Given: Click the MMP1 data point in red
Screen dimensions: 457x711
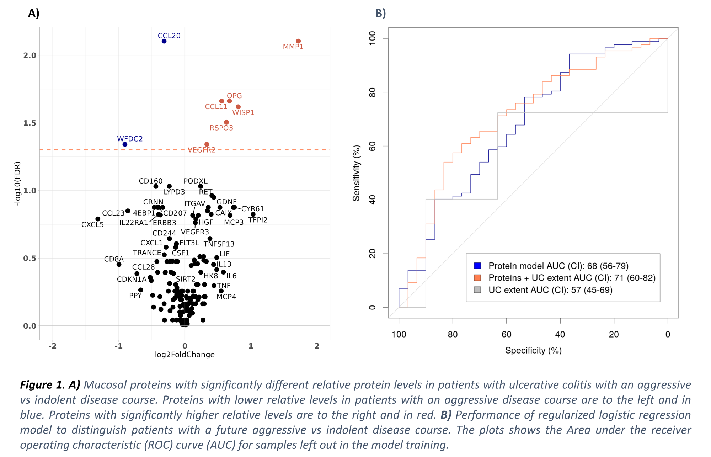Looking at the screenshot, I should click(298, 41).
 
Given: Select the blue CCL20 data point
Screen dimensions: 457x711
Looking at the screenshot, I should click(164, 41).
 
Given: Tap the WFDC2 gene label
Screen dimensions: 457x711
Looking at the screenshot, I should click(130, 139).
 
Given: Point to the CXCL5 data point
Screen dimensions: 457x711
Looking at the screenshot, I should click(98, 219).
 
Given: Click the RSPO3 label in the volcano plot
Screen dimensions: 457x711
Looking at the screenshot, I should click(221, 128).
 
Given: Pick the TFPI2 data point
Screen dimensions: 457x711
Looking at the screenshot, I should click(253, 214).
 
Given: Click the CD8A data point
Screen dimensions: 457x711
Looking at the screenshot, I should click(119, 264).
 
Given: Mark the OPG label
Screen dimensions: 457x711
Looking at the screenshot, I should click(234, 96).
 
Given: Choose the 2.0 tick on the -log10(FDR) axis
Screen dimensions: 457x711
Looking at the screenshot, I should click(30, 55).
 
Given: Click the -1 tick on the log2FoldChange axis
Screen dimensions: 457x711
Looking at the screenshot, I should click(118, 346).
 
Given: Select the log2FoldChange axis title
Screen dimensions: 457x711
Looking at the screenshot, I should click(185, 355).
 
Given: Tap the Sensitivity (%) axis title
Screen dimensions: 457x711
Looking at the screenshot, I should click(356, 173).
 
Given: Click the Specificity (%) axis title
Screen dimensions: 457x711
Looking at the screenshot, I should click(533, 351).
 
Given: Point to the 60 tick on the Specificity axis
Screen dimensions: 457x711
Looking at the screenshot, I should click(506, 334).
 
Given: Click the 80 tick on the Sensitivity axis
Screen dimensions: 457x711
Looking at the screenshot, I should click(372, 92).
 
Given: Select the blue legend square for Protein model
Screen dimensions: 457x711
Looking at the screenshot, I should click(477, 266).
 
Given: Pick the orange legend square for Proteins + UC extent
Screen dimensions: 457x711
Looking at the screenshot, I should click(477, 278).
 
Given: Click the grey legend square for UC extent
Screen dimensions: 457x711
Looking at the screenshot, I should click(477, 290).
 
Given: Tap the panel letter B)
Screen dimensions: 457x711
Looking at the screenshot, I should click(380, 13).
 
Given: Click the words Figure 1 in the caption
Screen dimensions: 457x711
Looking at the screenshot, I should click(42, 385).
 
